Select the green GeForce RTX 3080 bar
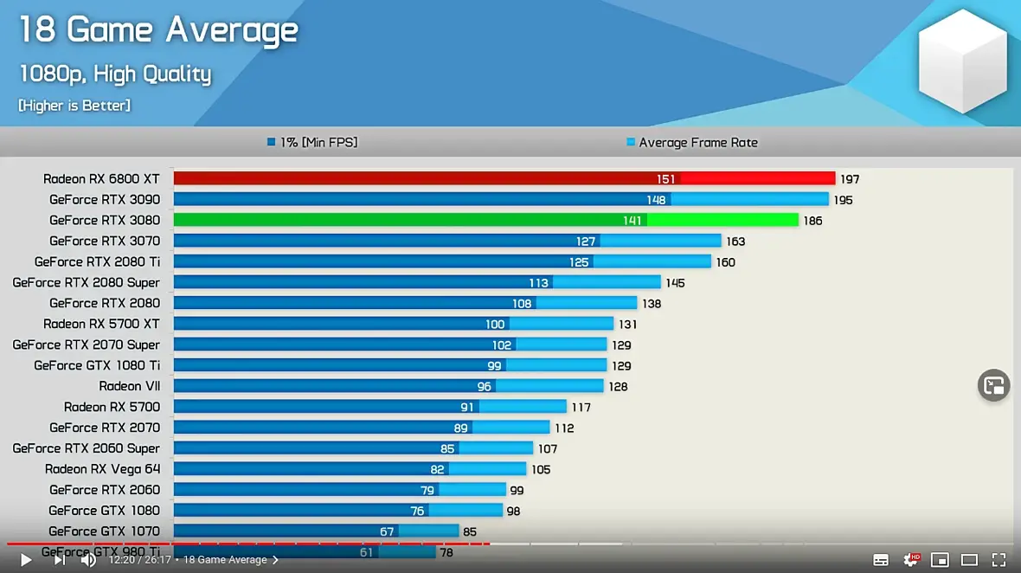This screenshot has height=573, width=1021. (x=485, y=220)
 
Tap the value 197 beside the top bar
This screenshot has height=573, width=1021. (x=850, y=179)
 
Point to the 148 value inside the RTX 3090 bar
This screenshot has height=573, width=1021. (x=656, y=200)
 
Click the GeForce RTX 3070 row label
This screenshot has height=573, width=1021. (x=105, y=241)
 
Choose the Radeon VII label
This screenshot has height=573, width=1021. (x=130, y=386)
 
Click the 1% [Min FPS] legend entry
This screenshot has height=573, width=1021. (x=312, y=142)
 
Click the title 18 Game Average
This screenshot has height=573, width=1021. (x=158, y=30)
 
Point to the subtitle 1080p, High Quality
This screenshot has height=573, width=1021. (x=115, y=74)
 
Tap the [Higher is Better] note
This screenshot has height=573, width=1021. (x=74, y=106)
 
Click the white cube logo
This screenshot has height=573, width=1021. (x=962, y=60)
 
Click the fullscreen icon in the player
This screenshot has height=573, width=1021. (x=999, y=560)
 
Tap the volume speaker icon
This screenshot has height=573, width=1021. (x=88, y=560)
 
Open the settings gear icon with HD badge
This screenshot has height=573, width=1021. (x=911, y=560)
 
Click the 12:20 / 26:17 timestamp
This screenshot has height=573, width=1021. (x=139, y=560)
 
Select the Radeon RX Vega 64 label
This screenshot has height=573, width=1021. (x=102, y=469)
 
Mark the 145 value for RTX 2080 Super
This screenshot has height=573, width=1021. (x=675, y=283)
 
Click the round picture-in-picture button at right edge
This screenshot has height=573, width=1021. (x=994, y=385)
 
